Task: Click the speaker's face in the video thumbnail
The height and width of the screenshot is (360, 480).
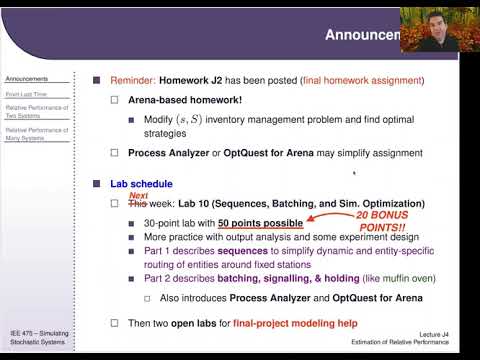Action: [440, 29]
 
